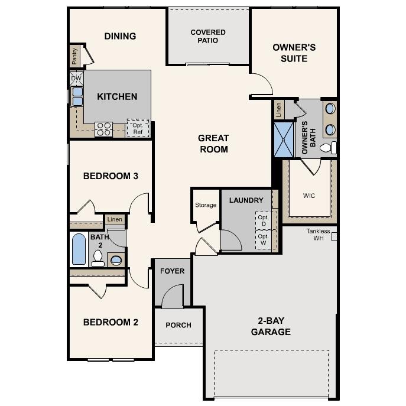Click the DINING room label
(120, 36)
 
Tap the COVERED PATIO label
(208, 36)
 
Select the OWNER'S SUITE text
(294, 53)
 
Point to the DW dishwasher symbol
(76, 78)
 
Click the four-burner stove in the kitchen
(104, 128)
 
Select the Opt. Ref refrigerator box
(138, 128)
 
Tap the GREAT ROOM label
(213, 144)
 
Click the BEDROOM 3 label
(111, 176)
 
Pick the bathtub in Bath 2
(79, 249)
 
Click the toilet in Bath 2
(98, 257)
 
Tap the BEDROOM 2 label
(111, 322)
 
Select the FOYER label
(173, 271)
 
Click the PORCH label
(177, 325)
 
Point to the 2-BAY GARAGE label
(271, 326)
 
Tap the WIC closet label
(309, 194)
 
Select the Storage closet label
(206, 205)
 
